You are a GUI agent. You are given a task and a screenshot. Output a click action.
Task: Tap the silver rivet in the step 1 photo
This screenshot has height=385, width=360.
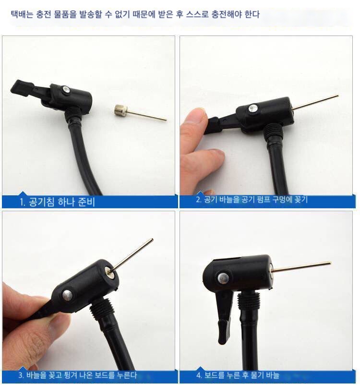[66, 90]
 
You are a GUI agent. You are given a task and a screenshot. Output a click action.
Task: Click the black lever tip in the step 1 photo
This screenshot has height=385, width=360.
[22, 88]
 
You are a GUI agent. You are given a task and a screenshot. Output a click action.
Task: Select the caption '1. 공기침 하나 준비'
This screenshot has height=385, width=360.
[57, 202]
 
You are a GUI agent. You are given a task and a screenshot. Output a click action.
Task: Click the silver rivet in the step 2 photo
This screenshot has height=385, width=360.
[253, 108]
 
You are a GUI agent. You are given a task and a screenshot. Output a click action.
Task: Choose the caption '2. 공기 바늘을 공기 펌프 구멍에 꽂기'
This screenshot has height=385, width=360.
[252, 199]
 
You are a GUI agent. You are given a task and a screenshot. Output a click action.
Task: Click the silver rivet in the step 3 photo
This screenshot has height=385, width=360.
[67, 295]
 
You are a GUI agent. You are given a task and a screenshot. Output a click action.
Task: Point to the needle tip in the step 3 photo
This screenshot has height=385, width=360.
[152, 240]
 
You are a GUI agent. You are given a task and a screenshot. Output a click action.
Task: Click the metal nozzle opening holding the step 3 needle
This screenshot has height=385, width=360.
[109, 272]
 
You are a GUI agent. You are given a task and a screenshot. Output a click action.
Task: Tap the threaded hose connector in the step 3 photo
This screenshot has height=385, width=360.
[101, 310]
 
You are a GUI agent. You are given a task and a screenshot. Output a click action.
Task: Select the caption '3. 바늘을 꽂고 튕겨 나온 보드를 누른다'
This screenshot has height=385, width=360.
[78, 375]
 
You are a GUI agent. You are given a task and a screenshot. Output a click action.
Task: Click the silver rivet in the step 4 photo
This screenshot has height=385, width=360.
[223, 277]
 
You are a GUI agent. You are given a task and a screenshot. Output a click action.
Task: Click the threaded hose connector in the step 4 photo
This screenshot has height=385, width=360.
[249, 301]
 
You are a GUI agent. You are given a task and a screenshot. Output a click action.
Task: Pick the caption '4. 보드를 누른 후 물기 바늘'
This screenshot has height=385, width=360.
[238, 375]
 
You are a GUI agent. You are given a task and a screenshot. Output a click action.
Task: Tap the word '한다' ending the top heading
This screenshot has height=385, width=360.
[252, 14]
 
